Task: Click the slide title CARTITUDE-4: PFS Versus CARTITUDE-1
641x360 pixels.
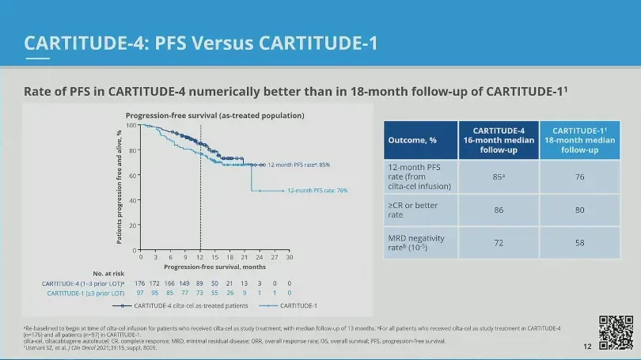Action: [x=200, y=41]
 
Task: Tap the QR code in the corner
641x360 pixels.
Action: [x=616, y=331]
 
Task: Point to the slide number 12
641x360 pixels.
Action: [x=587, y=347]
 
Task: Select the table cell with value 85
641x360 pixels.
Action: [x=499, y=176]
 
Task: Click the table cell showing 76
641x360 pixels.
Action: [x=580, y=176]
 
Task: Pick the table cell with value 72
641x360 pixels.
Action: [x=499, y=242]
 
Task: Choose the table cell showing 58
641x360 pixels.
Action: [x=580, y=242]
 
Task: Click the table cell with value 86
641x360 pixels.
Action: [x=499, y=210]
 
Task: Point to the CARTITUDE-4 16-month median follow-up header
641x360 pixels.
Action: [x=499, y=140]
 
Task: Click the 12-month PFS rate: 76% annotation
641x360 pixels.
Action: [x=317, y=191]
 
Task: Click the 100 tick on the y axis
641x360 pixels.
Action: [x=131, y=125]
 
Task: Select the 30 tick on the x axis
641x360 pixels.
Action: [x=290, y=257]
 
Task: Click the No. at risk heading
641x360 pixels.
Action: [x=108, y=274]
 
